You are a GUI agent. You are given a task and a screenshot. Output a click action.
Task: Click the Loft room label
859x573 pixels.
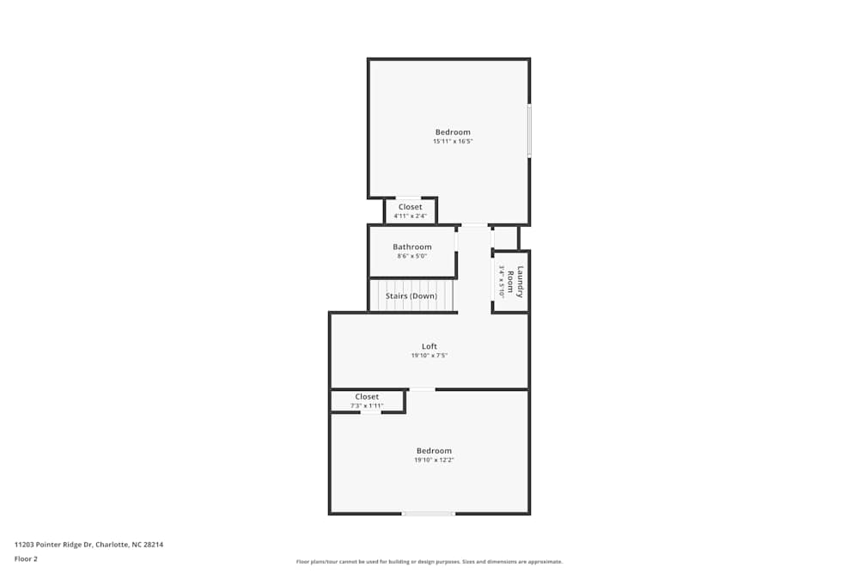(x=429, y=346)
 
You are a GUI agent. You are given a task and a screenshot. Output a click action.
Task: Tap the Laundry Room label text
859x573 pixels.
(x=515, y=282)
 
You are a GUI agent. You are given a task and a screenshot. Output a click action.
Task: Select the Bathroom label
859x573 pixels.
(x=412, y=247)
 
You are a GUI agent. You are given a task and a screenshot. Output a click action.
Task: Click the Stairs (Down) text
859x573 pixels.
(x=411, y=296)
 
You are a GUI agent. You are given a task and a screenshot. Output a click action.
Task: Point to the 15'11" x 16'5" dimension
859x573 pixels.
(x=453, y=142)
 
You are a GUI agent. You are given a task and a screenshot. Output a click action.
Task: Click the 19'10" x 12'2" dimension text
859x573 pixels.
(x=434, y=460)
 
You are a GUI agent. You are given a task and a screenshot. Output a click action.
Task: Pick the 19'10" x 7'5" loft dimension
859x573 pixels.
(x=429, y=356)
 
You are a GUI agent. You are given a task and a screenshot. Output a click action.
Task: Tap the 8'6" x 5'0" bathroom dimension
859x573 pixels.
(x=412, y=256)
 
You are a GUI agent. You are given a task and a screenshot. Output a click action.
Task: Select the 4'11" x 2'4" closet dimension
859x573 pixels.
(x=410, y=216)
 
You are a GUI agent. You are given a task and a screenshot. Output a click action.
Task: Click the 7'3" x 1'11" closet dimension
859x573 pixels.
(x=367, y=405)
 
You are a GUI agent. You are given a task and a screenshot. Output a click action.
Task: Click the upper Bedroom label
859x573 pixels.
(x=453, y=131)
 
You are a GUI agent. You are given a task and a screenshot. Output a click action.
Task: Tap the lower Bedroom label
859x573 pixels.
(x=434, y=451)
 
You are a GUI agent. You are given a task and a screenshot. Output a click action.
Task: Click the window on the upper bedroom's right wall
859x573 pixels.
(x=529, y=131)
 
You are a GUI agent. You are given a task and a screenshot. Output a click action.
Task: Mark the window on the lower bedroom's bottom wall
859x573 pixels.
(x=428, y=514)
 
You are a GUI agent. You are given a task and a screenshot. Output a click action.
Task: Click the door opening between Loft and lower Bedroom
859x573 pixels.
(x=422, y=390)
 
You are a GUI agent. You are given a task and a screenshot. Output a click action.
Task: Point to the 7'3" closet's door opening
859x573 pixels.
(x=370, y=413)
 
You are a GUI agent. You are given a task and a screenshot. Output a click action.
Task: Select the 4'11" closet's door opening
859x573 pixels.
(x=408, y=198)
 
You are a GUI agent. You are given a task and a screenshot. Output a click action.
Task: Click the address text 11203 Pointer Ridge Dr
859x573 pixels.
(x=88, y=544)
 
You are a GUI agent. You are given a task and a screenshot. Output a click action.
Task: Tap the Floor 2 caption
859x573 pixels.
(x=26, y=558)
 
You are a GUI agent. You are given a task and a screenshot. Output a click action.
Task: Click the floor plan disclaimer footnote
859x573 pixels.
(x=429, y=562)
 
